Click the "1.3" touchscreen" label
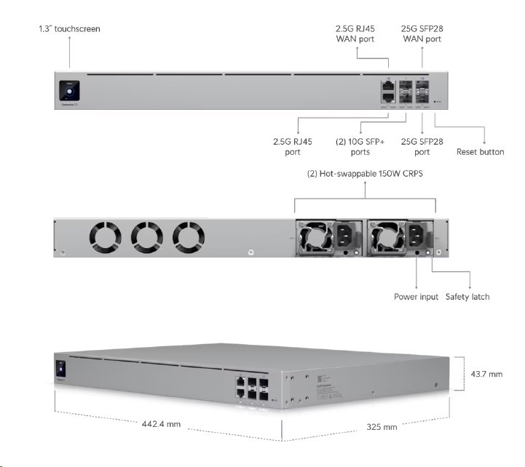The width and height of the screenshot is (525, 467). pos(69,29)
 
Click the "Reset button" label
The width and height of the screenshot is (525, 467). pos(480,152)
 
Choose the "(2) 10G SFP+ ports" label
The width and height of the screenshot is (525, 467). pos(360,148)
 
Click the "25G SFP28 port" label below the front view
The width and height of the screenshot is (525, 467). pos(422,148)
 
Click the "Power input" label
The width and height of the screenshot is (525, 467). pos(416,297)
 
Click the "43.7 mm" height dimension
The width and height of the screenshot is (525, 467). pos(486,374)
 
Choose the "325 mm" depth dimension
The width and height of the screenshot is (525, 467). pos(382,426)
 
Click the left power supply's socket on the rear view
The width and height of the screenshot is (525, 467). pos(343,236)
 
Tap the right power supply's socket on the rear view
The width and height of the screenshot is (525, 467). pos(414,236)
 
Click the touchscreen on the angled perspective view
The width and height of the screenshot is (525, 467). pos(61,367)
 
